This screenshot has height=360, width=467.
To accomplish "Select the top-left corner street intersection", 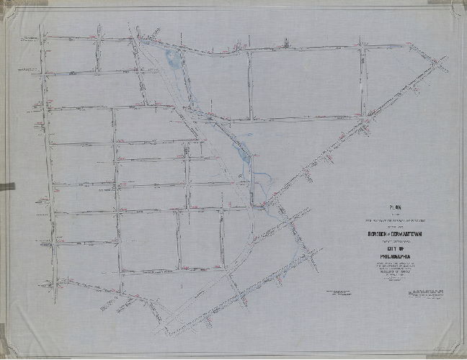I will coord(42,37).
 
